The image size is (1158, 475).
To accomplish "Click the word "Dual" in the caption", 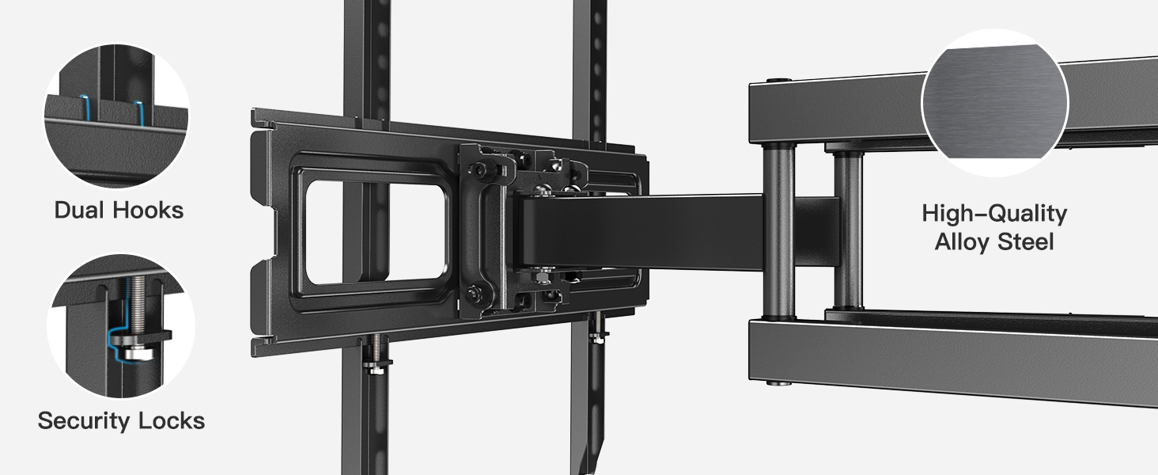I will click(81, 210).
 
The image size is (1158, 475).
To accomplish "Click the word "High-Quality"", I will click(994, 214).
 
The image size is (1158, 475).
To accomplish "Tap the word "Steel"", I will click(1026, 241).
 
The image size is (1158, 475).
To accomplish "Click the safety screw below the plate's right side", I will click(599, 332).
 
